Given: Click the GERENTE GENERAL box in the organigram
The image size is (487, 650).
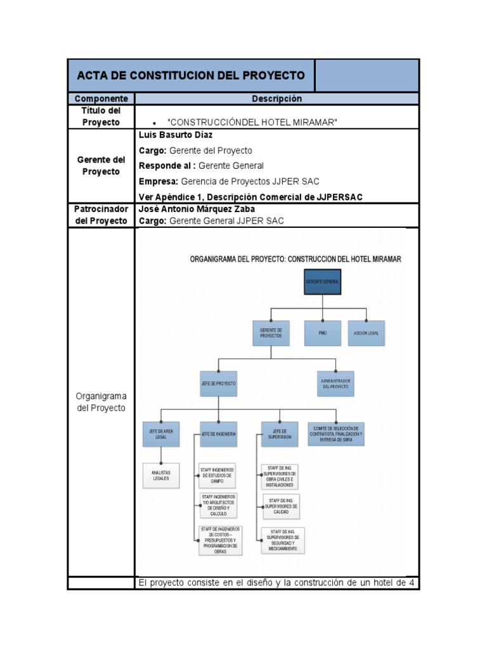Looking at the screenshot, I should pos(322,281).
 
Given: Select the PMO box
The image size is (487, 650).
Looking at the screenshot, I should pos(322,333).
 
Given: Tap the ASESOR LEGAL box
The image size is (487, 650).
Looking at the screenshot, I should pos(366,333).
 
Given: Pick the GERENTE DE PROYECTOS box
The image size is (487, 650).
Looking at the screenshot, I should pos(271,333).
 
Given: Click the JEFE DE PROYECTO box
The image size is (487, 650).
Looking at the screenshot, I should pos(219,384).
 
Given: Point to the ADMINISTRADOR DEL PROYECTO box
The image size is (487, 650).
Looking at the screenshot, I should pos(335,383).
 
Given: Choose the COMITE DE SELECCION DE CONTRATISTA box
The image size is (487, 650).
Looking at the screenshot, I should pos(336,434).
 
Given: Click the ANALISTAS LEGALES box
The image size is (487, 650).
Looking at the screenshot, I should pos(160,475).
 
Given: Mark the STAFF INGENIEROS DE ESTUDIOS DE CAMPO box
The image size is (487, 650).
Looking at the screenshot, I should pos(217,475).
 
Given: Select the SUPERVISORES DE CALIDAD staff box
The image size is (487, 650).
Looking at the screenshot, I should pos(280,506).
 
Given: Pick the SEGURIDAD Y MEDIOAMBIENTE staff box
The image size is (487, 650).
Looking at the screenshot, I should pos(282,540).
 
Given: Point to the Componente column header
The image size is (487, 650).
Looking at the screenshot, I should pos(101,99).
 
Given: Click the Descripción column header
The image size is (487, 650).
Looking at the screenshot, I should pos(276,99).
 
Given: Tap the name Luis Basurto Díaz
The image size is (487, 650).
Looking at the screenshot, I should pos(176,135).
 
